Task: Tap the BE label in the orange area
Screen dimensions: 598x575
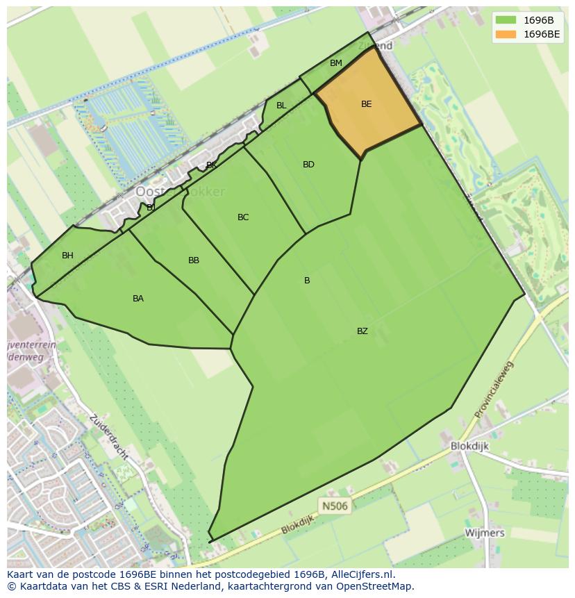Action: (367, 104)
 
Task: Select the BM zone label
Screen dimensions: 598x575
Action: (336, 63)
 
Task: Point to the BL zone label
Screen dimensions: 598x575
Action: (281, 106)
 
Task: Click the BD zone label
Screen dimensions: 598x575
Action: (308, 165)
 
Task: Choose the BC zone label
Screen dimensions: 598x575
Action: (243, 217)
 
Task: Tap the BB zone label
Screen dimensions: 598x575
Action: (194, 260)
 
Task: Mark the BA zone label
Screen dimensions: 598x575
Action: (138, 299)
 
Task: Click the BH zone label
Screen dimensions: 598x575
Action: (67, 256)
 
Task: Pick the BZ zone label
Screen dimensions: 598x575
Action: (362, 331)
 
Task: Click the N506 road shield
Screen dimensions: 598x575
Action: (334, 506)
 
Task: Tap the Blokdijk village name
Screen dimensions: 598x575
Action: (469, 447)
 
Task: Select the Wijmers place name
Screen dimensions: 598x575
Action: (485, 533)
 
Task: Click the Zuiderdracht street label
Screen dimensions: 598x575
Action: (108, 437)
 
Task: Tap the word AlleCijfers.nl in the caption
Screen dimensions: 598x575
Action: (362, 574)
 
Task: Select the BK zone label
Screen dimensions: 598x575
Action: (211, 165)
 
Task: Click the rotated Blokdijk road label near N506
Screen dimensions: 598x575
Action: (298, 524)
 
